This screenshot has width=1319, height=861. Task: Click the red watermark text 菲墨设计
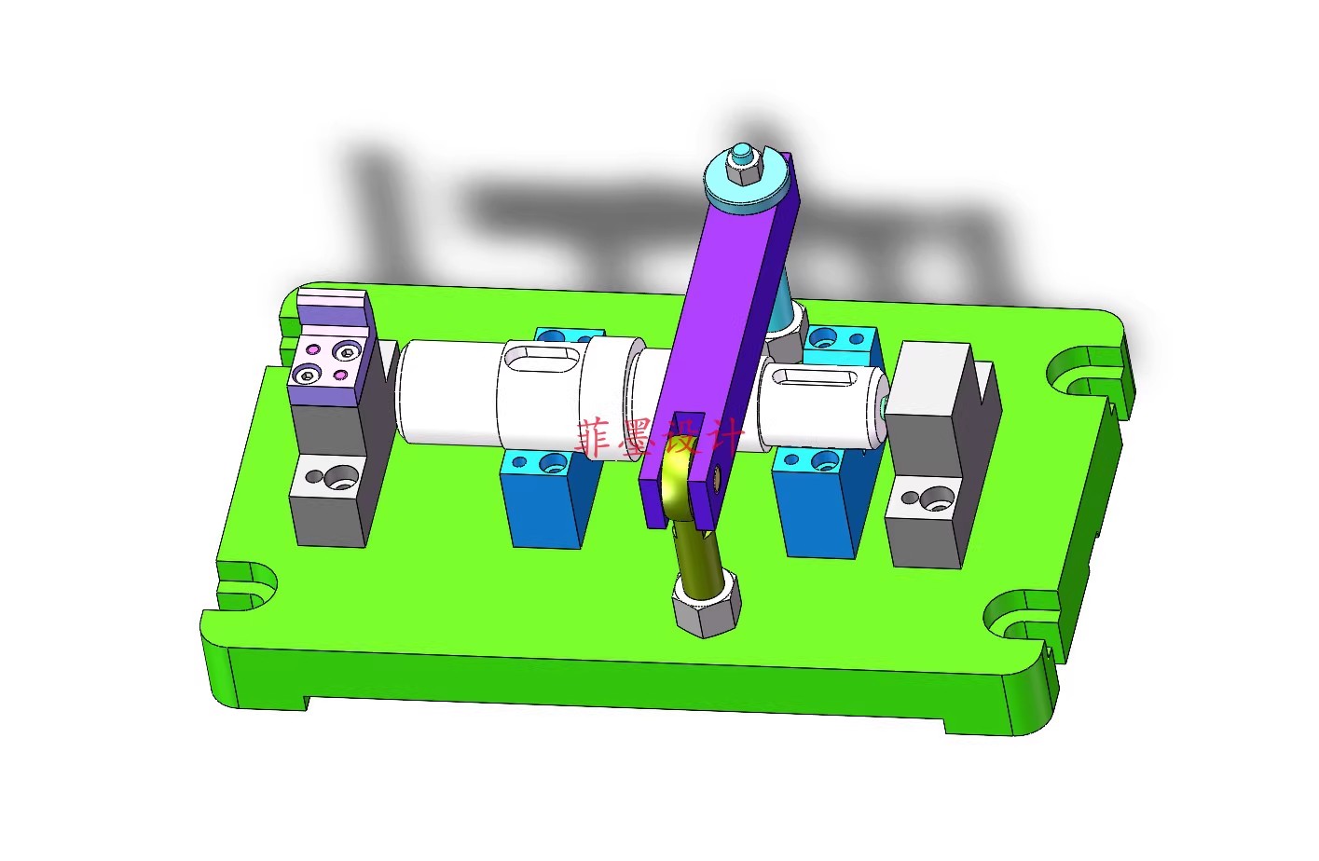660,439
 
